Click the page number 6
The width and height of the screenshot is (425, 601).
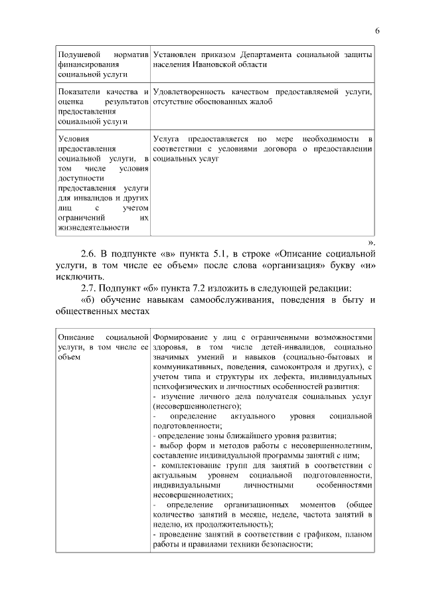(x=377, y=31)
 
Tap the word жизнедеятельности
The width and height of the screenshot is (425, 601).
(x=93, y=226)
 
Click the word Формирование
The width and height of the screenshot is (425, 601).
(x=183, y=337)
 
